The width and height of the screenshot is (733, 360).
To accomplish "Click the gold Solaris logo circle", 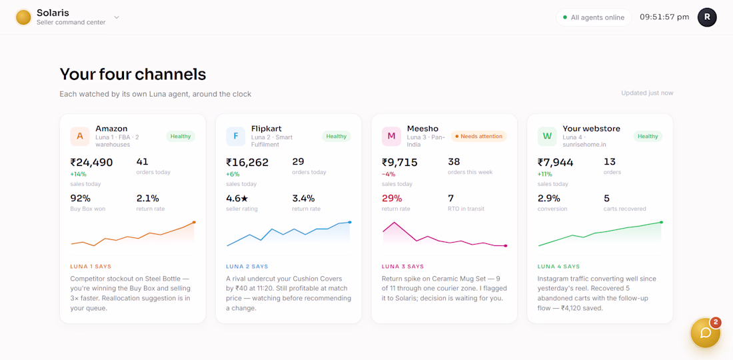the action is point(23,17).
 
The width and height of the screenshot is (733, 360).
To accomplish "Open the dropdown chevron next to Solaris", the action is point(117,17).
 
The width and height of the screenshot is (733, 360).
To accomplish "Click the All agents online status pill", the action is point(594,17).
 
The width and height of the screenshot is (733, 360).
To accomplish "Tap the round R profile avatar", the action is point(707,17).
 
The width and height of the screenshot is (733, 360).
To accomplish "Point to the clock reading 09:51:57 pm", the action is point(664,17).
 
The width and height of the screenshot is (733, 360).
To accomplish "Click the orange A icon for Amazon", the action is point(80,136).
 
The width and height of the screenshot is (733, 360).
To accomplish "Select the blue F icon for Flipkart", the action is point(236,136).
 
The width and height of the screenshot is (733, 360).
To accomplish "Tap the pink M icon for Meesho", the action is point(391,136).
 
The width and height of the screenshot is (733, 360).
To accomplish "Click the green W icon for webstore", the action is point(547,136).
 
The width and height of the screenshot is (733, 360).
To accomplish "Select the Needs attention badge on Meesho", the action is point(478,136).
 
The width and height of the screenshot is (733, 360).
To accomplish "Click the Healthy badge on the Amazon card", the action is point(181,136).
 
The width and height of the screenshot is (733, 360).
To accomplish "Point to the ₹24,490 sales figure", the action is point(92,162).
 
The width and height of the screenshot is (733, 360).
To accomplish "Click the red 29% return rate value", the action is point(392,198).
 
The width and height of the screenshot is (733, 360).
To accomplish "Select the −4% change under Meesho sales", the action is point(388,174).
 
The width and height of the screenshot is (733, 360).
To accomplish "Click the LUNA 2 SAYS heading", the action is point(247,267).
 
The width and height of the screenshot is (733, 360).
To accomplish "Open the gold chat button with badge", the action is point(706,333).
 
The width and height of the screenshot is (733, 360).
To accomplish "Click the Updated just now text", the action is point(647,93).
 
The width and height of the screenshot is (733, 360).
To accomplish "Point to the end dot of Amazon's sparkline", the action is point(194,222).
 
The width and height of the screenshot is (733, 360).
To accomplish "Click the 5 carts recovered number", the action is point(606,198).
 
